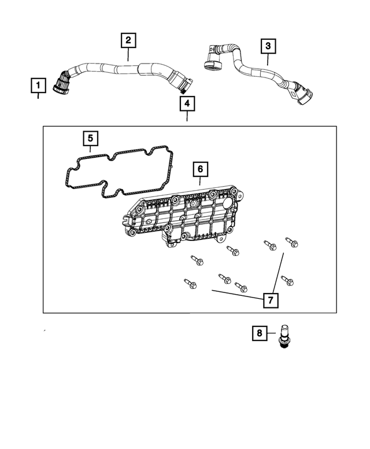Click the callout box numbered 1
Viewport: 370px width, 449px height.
click(38, 87)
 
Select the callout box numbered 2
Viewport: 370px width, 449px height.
click(128, 40)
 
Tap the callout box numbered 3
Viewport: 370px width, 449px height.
click(267, 45)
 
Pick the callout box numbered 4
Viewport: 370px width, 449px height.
click(186, 104)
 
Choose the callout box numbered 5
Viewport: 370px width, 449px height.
click(90, 139)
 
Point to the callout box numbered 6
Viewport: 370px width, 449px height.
click(199, 169)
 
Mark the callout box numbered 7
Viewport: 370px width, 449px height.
click(269, 300)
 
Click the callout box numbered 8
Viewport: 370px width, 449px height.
click(259, 333)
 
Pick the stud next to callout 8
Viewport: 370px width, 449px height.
click(283, 336)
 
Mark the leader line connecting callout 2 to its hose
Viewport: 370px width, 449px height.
click(128, 54)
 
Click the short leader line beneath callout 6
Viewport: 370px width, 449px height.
click(199, 181)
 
